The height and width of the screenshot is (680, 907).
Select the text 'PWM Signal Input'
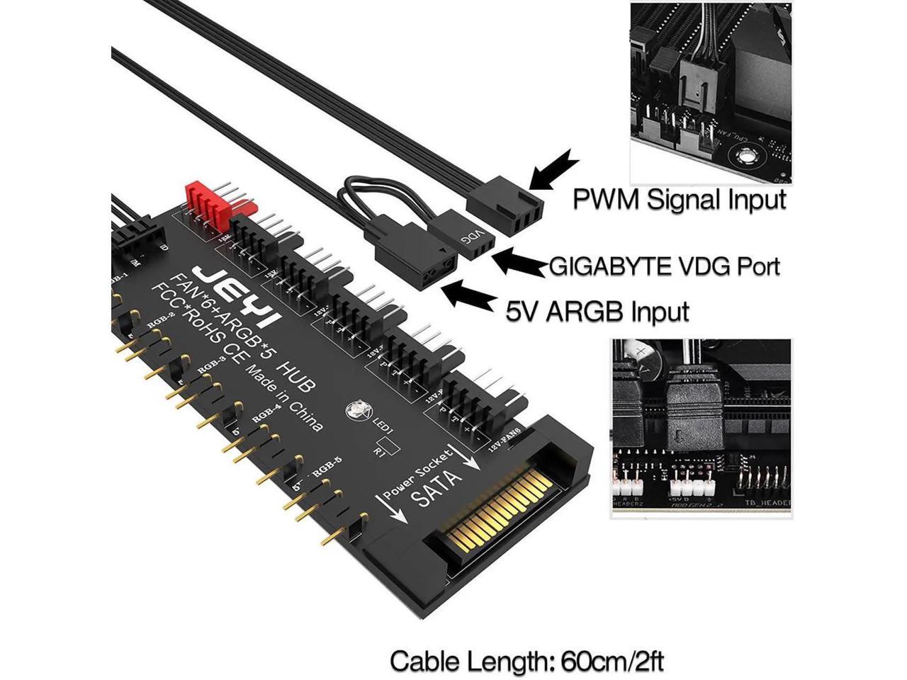679,199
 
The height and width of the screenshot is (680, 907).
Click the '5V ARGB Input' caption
597,310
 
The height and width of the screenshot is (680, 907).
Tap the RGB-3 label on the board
212,365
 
